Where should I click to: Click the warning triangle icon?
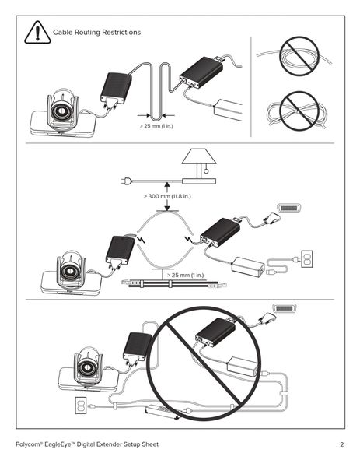[37, 32]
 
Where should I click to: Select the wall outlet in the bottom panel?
[78, 405]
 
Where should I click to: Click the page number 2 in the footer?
[341, 444]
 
